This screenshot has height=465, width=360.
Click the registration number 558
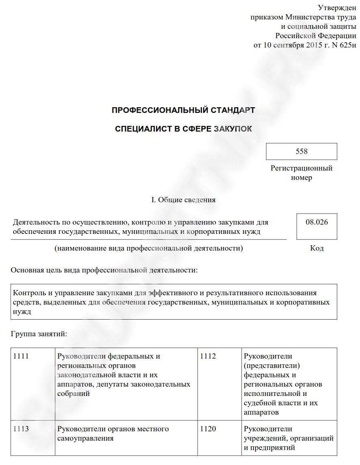pyautogui.click(x=301, y=151)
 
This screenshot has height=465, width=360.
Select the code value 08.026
pyautogui.click(x=317, y=222)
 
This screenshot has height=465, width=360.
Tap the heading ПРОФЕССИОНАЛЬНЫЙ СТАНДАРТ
pyautogui.click(x=183, y=110)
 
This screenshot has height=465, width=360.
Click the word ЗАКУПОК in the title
pyautogui.click(x=233, y=129)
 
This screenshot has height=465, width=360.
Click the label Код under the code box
pyautogui.click(x=317, y=249)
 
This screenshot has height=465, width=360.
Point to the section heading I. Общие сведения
pyautogui.click(x=183, y=200)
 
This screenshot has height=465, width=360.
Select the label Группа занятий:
pyautogui.click(x=39, y=334)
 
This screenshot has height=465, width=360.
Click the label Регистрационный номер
pyautogui.click(x=301, y=173)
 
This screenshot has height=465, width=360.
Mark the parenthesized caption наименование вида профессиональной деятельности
pyautogui.click(x=149, y=249)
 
